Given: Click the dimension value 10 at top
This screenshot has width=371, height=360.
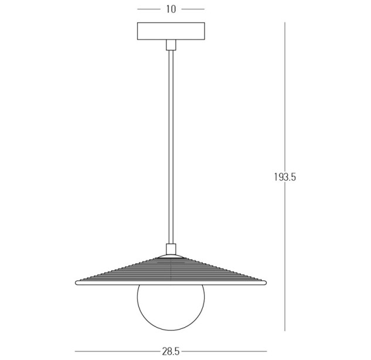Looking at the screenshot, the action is coord(171,9).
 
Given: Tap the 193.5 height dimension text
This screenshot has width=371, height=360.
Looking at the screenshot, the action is coord(285,177).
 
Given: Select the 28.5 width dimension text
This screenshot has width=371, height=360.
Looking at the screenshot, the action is coord(171,351).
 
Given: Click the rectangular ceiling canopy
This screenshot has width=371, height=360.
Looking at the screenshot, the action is coord(171,31).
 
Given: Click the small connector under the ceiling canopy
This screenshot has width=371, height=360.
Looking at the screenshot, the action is coord(171,45).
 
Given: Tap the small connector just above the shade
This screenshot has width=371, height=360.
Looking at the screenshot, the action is coord(171,249).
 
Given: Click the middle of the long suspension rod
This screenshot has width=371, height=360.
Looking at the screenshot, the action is coord(171,147).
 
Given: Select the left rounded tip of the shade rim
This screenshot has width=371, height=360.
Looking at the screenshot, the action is coord(76,283).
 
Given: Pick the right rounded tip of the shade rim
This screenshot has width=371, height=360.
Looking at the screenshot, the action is coord(266,283).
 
